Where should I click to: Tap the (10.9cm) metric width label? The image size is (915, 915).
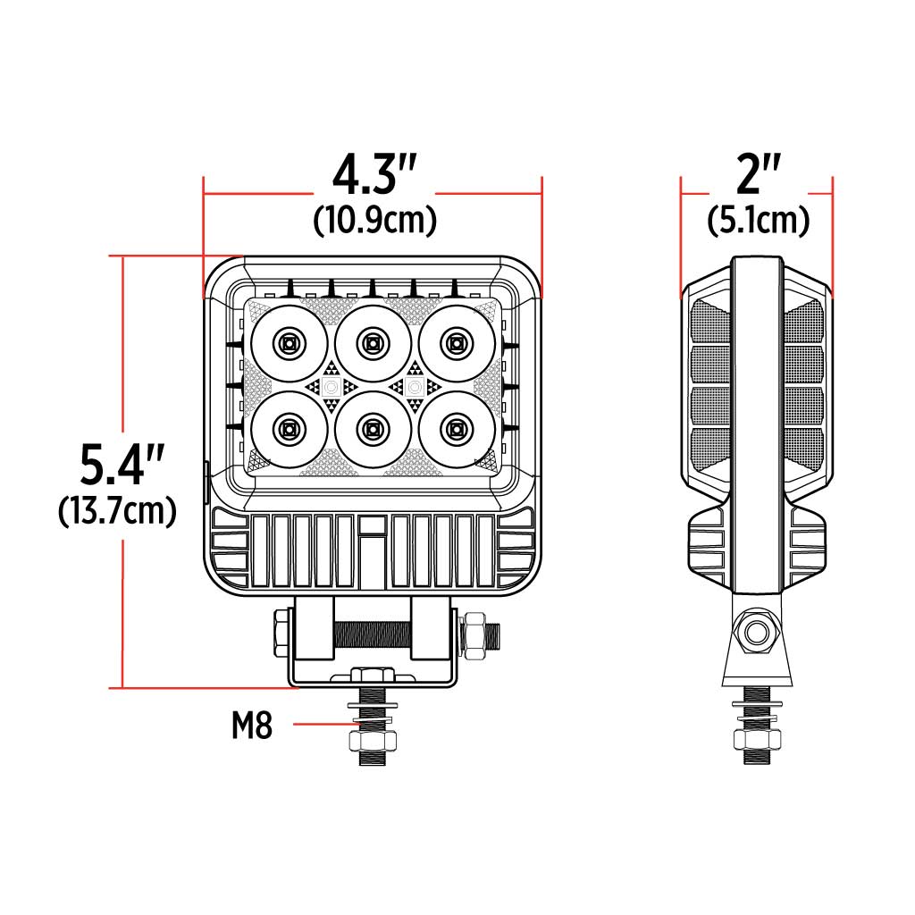[374, 221]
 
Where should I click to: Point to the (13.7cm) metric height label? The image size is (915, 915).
[117, 511]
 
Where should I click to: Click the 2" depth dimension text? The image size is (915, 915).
[758, 176]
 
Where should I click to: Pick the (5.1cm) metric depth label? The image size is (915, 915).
[758, 221]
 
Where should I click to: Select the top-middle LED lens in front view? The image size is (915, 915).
[372, 342]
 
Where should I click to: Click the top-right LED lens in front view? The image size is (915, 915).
[456, 342]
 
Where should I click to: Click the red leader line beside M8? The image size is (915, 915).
[322, 726]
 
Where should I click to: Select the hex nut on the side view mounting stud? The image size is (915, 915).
[758, 739]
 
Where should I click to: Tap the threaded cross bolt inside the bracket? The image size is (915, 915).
[373, 635]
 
